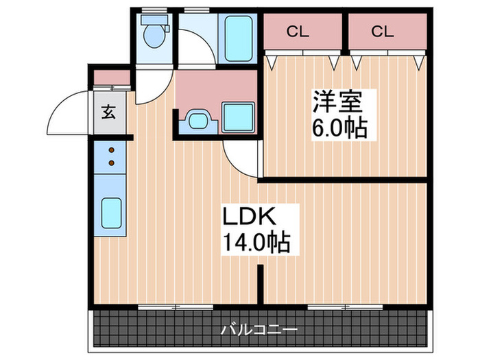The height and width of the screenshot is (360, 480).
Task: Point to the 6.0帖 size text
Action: pyautogui.click(x=339, y=128)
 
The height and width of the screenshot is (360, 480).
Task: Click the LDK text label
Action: pyautogui.click(x=248, y=217)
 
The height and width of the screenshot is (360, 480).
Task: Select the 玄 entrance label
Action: pyautogui.click(x=109, y=112)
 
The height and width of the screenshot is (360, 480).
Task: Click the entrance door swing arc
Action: pyautogui.click(x=69, y=110)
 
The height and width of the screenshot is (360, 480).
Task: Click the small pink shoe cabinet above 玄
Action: pyautogui.click(x=110, y=77)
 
